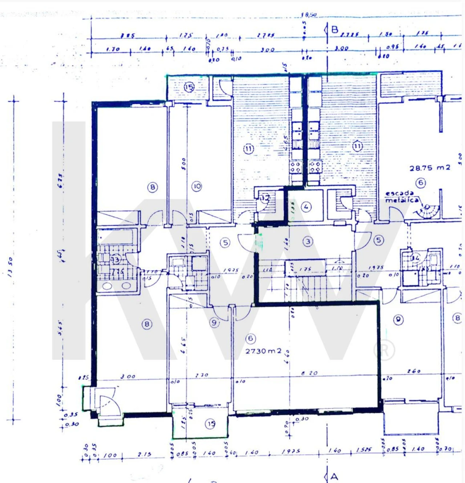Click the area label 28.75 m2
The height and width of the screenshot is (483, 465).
coord(429,168)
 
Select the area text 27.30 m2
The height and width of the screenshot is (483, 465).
coord(263,351)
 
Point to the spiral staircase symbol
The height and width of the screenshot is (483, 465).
coord(429,211)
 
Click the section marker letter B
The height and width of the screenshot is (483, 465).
coord(335,30)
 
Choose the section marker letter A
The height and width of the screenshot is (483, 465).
coord(334,476)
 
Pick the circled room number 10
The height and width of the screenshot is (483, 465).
coord(197,186)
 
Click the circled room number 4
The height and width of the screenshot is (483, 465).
coord(306,207)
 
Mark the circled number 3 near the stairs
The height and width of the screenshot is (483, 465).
coord(308,241)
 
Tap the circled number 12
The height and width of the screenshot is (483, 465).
coord(265,198)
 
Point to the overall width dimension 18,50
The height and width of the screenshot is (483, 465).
coord(309,15)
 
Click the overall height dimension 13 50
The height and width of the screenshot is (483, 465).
coord(10,267)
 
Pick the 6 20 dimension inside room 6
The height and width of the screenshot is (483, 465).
coord(309,373)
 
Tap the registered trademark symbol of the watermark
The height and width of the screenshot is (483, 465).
coord(384,350)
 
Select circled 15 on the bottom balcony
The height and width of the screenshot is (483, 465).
coord(211,424)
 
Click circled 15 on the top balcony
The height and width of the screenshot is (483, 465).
coord(189,87)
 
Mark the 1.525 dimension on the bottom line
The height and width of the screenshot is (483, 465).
coord(364,450)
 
